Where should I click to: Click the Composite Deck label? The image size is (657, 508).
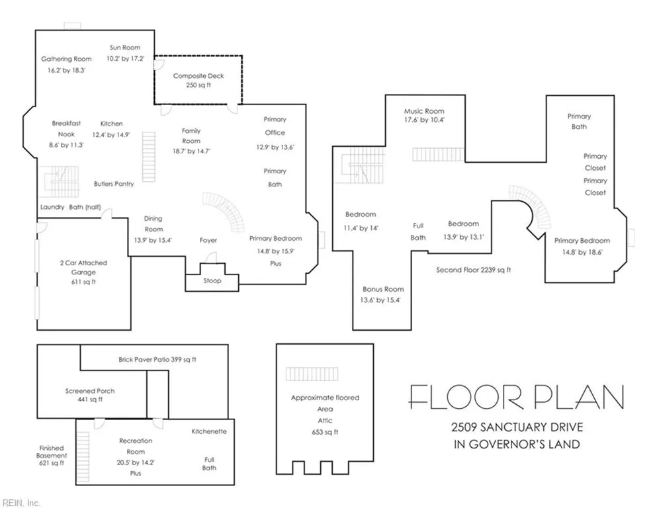click(x=198, y=76)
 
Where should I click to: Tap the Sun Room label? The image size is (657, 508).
click(x=125, y=48)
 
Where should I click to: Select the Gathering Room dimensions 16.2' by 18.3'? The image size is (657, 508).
click(x=66, y=70)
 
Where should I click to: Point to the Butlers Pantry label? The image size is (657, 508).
click(x=114, y=184)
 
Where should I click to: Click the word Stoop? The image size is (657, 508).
click(x=212, y=280)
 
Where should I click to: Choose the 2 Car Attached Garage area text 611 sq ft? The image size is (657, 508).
click(x=83, y=282)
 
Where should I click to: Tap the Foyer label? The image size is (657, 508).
click(x=208, y=240)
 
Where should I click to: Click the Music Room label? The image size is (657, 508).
click(x=424, y=111)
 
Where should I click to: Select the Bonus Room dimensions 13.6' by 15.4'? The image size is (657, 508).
click(x=380, y=300)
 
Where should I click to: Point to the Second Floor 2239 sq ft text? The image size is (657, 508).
click(x=474, y=270)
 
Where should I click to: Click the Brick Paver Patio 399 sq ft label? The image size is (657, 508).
click(x=157, y=359)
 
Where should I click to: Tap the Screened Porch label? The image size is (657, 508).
click(x=90, y=391)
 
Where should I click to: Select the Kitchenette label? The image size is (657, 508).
click(x=209, y=431)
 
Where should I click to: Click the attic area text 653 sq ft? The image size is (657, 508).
click(x=325, y=432)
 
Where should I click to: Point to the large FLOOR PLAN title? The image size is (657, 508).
click(x=516, y=397)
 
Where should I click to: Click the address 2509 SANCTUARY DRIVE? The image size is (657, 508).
click(x=517, y=427)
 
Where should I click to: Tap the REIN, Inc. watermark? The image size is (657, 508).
click(x=21, y=503)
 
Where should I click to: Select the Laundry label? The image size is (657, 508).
click(x=52, y=207)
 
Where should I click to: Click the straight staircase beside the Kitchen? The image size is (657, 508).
click(x=149, y=157)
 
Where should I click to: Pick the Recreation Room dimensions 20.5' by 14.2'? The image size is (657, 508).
click(x=136, y=463)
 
